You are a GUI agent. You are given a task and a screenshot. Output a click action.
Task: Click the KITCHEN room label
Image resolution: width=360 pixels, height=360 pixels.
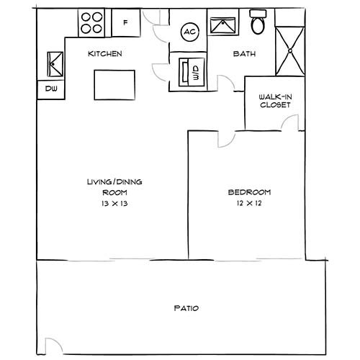click(x=104, y=54)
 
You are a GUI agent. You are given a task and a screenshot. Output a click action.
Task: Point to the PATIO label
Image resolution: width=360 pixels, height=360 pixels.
click(x=186, y=308)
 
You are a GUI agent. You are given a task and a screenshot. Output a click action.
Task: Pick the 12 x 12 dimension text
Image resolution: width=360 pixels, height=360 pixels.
click(x=248, y=204)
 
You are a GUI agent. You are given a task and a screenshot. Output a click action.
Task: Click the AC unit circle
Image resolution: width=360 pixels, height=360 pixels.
click(x=190, y=32)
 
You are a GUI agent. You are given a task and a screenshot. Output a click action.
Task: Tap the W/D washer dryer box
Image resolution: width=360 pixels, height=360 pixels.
click(x=192, y=71)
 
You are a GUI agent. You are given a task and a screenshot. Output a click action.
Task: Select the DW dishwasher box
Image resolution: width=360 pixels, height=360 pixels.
click(x=50, y=89)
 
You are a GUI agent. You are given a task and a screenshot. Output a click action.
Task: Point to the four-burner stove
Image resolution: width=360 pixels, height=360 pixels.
click(x=91, y=23)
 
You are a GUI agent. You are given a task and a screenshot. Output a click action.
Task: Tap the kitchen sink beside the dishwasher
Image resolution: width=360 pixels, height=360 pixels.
click(x=53, y=65)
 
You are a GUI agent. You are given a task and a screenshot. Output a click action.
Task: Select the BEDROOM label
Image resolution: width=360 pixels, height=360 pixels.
click(x=248, y=192)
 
